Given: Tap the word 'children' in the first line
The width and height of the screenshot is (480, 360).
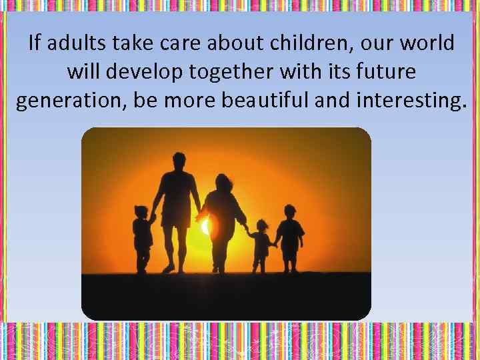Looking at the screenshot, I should pyautogui.click(x=311, y=44).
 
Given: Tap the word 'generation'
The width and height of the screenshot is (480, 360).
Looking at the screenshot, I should pyautogui.click(x=69, y=101).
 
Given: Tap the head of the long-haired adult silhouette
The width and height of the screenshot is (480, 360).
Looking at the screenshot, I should pyautogui.click(x=222, y=181).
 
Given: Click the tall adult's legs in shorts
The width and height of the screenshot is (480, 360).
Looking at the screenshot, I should pyautogui.click(x=177, y=243).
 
